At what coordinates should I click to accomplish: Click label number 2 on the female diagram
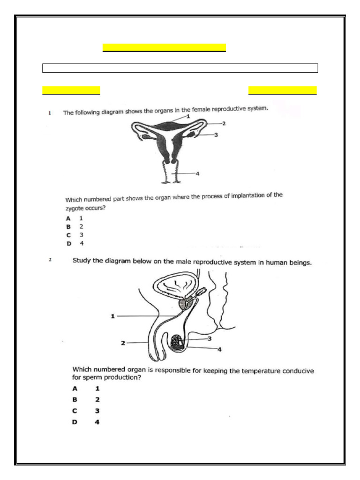point(224,124)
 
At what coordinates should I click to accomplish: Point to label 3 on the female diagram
point(216,135)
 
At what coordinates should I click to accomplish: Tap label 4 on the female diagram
point(197,173)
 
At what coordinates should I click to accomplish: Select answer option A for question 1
point(68,218)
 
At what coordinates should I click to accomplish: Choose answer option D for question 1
point(68,244)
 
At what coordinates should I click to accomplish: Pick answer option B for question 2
point(75,399)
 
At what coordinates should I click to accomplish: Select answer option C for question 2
point(75,411)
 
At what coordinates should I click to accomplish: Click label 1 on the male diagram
point(112,316)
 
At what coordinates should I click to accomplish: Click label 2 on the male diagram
point(123,343)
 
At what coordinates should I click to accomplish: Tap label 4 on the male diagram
point(219,349)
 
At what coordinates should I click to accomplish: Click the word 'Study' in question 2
point(82,261)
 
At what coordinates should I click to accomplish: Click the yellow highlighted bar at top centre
point(164,48)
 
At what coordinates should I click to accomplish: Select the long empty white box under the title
point(180,68)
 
